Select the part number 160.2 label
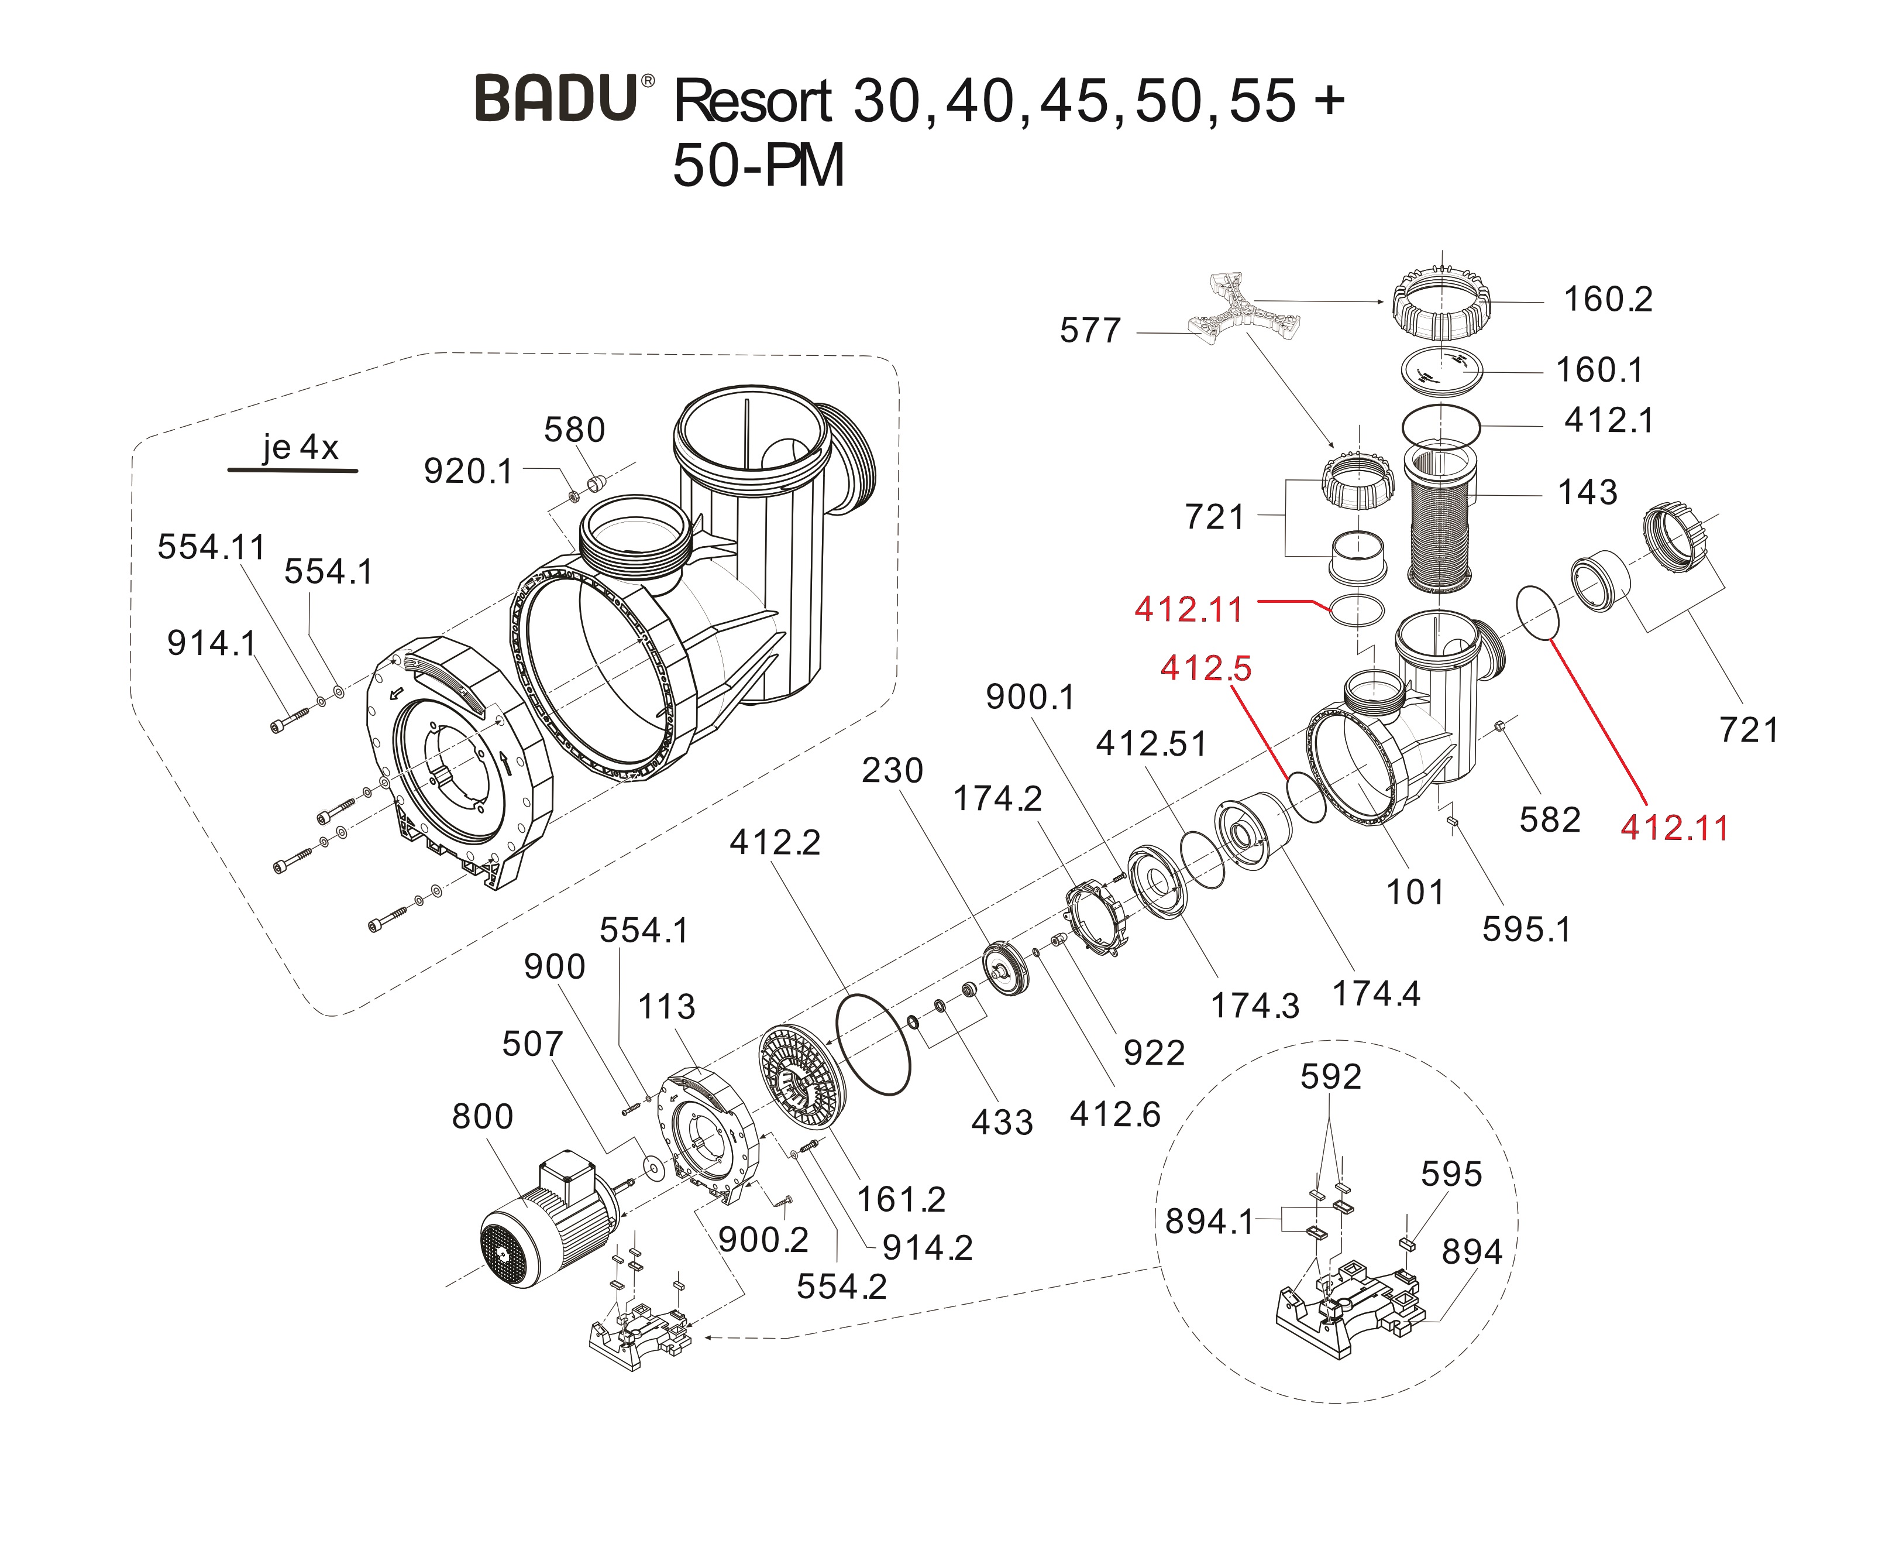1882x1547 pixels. click(x=1608, y=300)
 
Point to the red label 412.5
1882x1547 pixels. click(x=1205, y=668)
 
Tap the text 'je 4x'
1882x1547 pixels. click(x=300, y=447)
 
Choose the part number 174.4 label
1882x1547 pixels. click(x=1376, y=994)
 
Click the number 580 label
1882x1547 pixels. click(x=574, y=430)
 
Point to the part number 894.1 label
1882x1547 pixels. click(x=1209, y=1222)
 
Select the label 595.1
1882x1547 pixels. click(x=1526, y=929)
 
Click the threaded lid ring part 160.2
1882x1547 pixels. click(x=1441, y=306)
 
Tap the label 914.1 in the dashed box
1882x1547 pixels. click(x=211, y=643)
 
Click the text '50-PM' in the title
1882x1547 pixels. click(x=758, y=167)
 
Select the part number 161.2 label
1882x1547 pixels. click(x=900, y=1199)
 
